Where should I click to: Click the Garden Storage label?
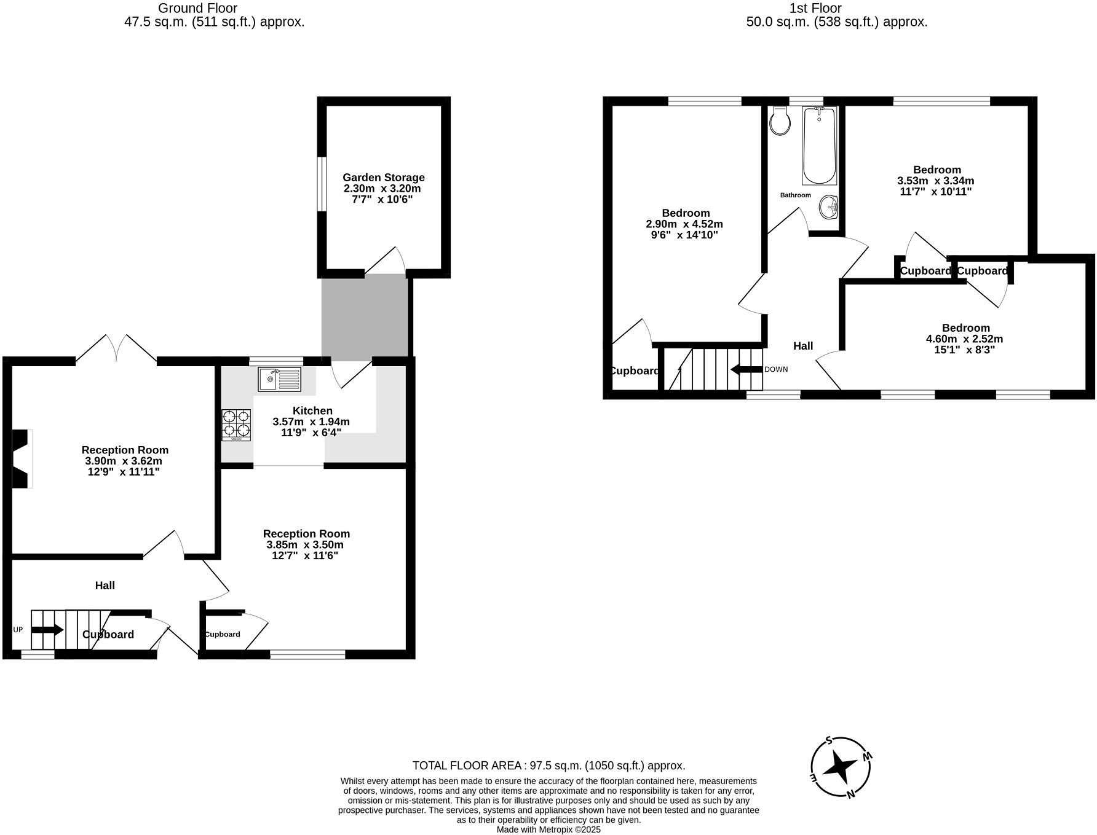[x=383, y=178]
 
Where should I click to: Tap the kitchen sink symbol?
[x=280, y=379]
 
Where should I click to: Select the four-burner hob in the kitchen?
[x=236, y=425]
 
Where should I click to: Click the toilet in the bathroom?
[x=780, y=120]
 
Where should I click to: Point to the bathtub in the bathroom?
[x=818, y=146]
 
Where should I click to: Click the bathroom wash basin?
[x=828, y=207]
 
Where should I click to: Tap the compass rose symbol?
[x=841, y=768]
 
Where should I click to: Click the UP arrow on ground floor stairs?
[x=47, y=630]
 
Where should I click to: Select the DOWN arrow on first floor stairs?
[x=746, y=369]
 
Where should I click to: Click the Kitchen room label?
[x=312, y=410]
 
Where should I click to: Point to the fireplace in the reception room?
[x=22, y=458]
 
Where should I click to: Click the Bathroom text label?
[x=795, y=195]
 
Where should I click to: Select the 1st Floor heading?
[x=815, y=8]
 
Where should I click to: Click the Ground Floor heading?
[x=197, y=8]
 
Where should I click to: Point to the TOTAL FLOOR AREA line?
[x=548, y=766]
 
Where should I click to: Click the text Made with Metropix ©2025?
[x=548, y=829]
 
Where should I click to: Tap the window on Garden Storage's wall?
[x=322, y=184]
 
